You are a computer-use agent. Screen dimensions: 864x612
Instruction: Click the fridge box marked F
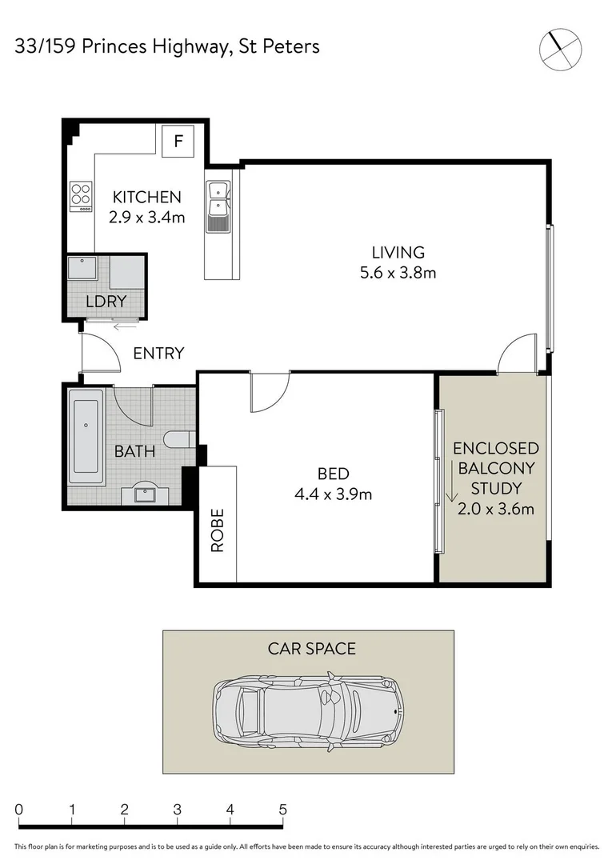178,142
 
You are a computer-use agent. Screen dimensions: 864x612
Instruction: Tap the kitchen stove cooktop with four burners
81,196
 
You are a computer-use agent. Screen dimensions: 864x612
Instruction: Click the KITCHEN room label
146,197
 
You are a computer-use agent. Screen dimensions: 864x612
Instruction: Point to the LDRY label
106,302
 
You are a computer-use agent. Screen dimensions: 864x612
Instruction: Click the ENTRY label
158,353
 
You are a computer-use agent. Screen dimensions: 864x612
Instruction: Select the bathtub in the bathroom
86,437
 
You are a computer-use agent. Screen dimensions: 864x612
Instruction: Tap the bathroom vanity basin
146,494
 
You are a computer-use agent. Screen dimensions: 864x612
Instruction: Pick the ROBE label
218,530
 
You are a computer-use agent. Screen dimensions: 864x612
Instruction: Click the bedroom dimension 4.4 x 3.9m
333,494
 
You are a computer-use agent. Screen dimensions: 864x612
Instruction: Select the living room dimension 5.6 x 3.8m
398,273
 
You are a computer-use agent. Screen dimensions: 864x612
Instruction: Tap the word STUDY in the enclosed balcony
495,488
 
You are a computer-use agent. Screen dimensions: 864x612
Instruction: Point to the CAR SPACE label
311,648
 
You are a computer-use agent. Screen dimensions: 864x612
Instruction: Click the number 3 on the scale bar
177,809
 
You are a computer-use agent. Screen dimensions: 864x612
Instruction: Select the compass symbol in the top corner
559,47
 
